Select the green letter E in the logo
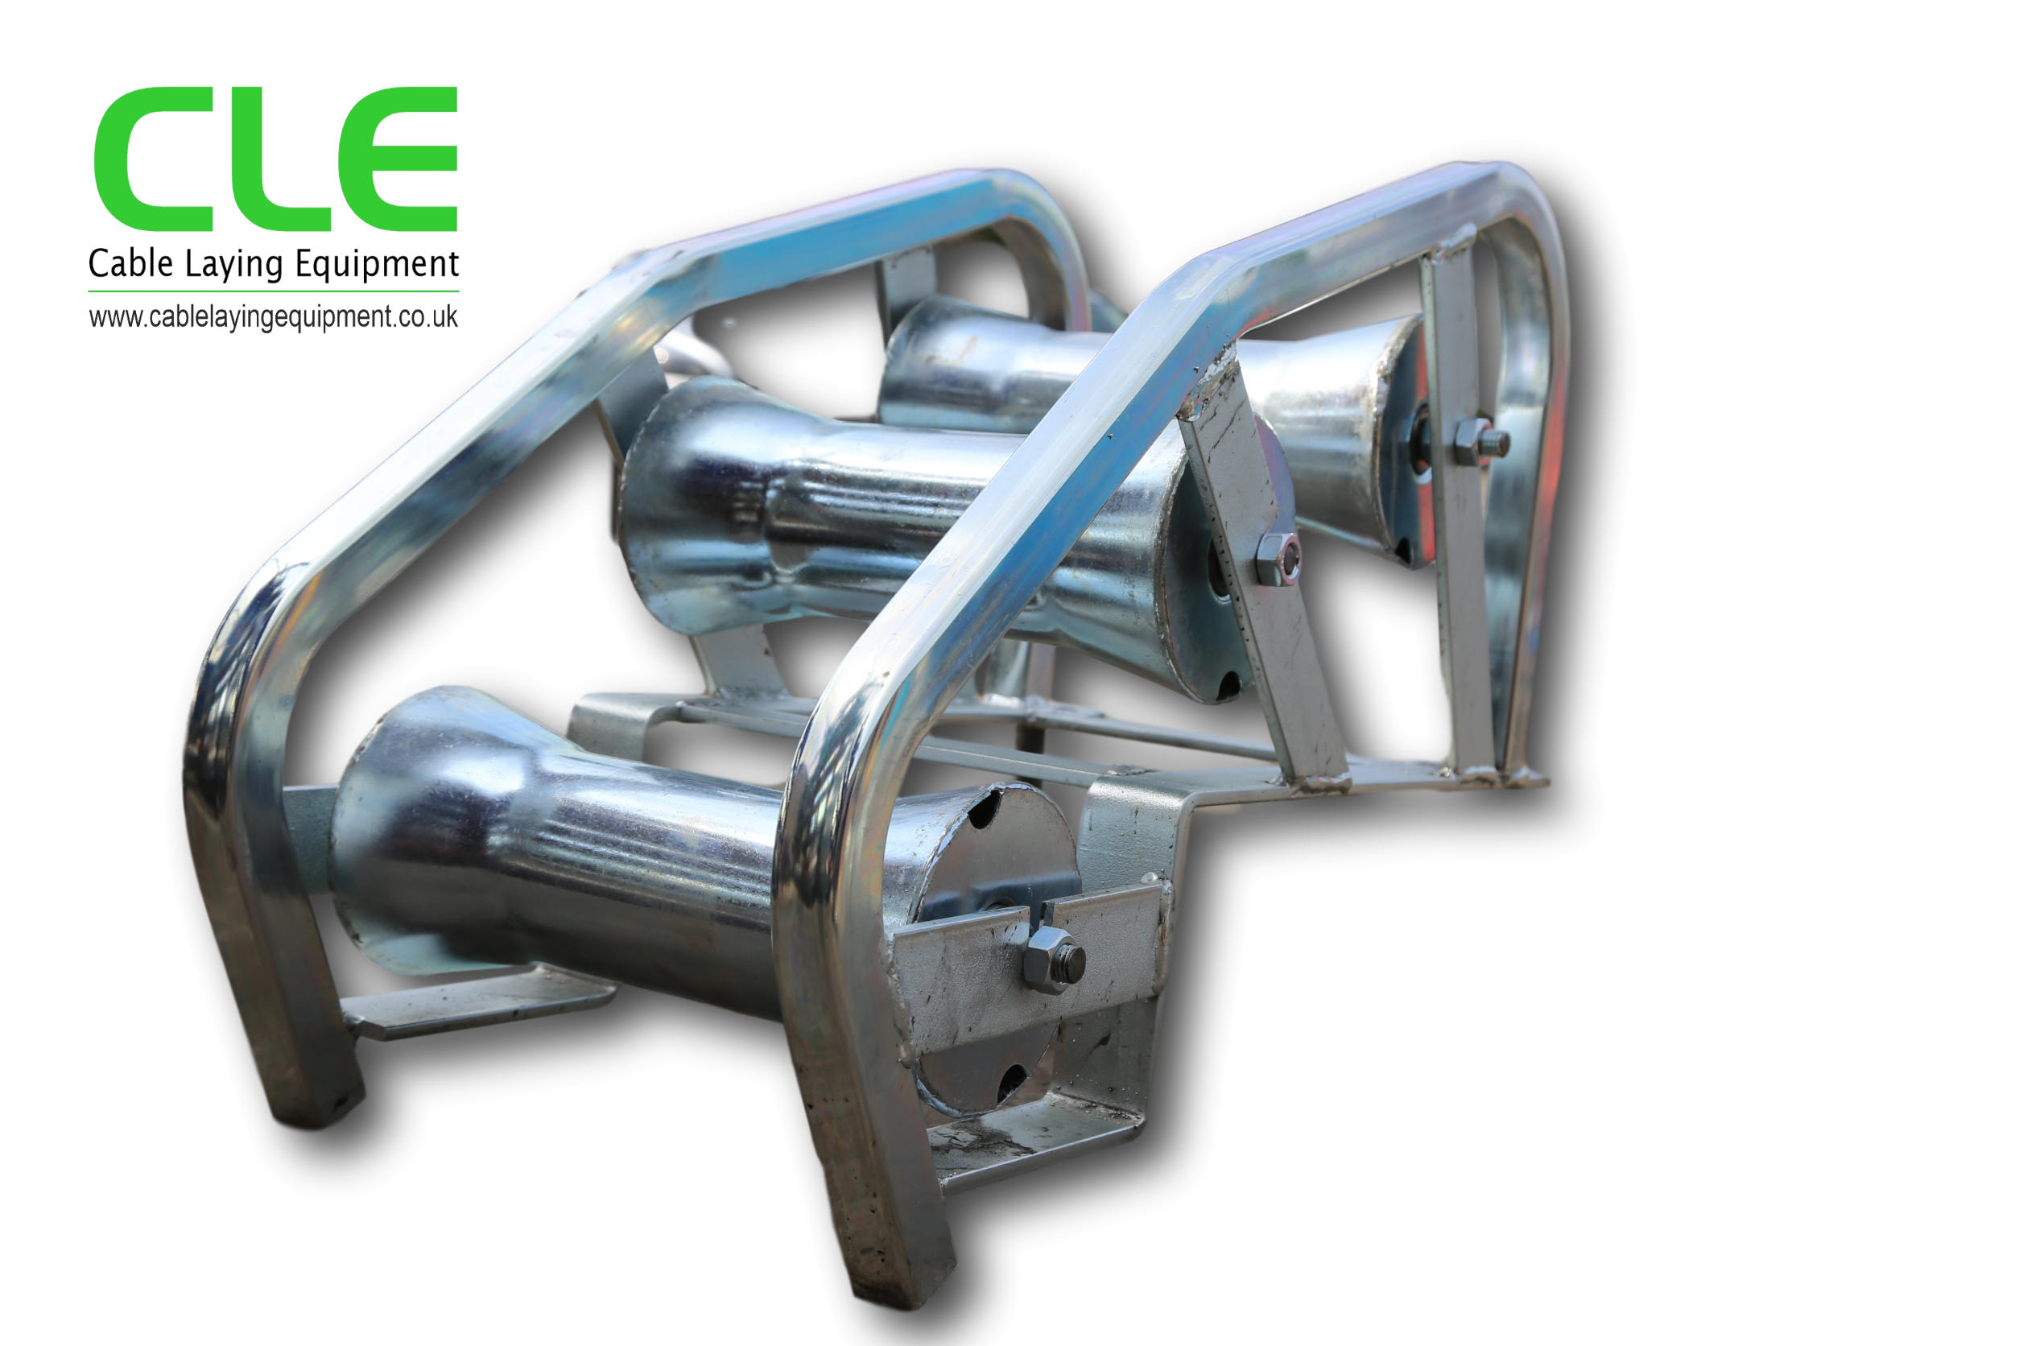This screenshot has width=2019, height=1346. tap(403, 159)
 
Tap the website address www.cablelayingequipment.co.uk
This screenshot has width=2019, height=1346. tap(273, 318)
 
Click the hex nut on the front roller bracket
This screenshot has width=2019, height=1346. tap(1052, 960)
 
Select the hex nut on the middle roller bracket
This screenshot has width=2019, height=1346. tap(1278, 560)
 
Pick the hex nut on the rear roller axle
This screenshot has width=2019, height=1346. tap(1478, 441)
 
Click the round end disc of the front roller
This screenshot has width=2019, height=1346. tap(996, 944)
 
